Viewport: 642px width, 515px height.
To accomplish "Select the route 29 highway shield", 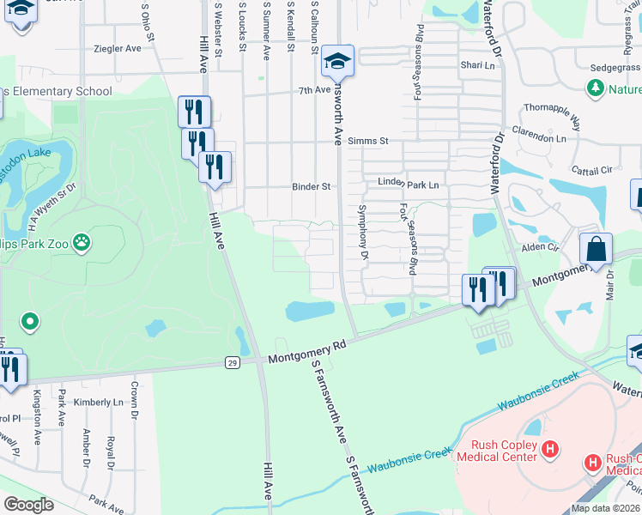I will click(x=233, y=364).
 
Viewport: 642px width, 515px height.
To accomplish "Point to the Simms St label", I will click(x=372, y=141).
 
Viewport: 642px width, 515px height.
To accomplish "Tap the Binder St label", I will click(x=311, y=185).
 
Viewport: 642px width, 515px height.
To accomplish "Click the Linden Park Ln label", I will click(x=409, y=185).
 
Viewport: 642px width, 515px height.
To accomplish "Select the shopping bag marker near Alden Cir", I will click(x=596, y=250).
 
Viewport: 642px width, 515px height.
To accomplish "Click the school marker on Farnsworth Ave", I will click(x=338, y=62).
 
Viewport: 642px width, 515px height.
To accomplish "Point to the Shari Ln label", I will click(x=478, y=65).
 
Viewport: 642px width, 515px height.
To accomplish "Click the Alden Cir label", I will click(x=541, y=246).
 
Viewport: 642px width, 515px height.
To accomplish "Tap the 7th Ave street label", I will click(x=314, y=89).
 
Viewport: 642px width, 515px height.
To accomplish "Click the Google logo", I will click(x=28, y=505).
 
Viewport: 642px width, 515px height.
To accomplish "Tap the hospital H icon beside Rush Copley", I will click(x=551, y=448).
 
